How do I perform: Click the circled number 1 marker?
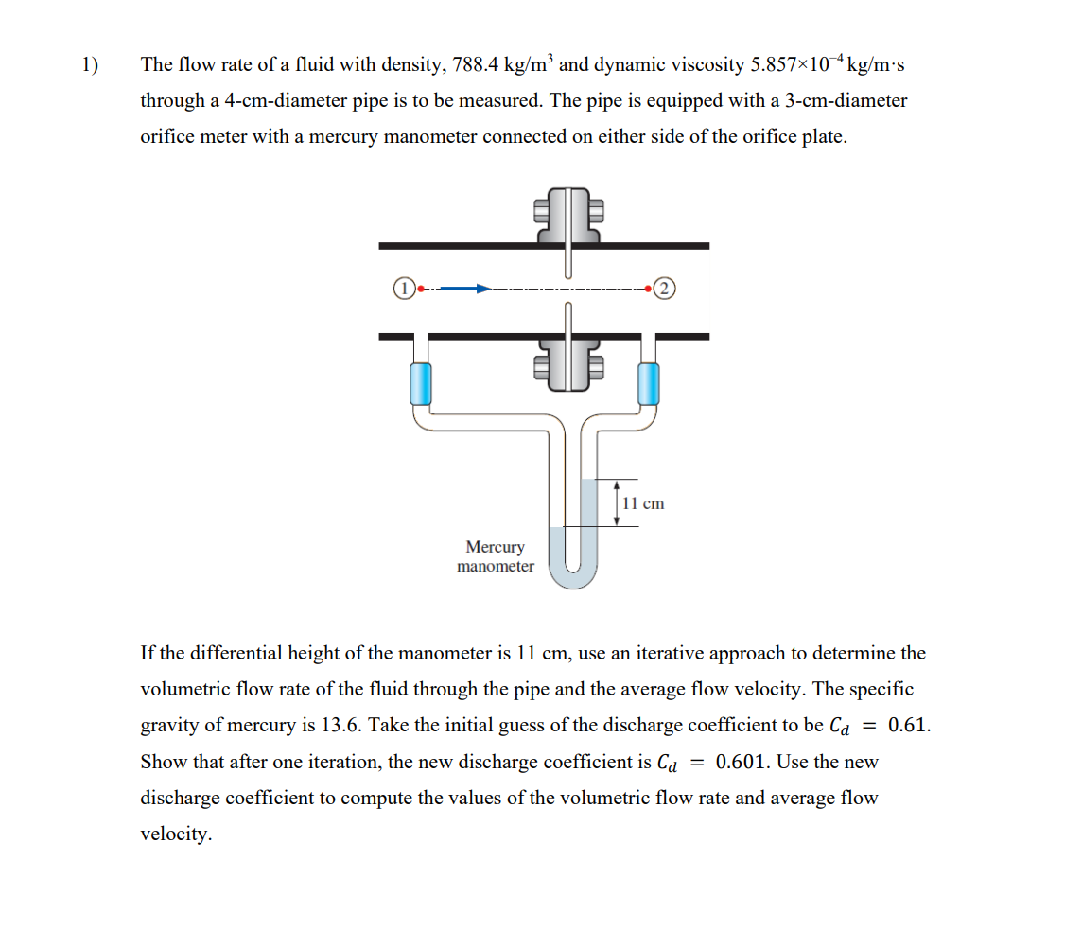[404, 289]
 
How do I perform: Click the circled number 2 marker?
[664, 289]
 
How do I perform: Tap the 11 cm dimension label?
[645, 503]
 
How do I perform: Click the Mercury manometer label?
[495, 556]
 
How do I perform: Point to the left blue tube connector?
[421, 383]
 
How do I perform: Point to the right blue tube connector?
[648, 383]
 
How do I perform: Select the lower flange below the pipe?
[568, 363]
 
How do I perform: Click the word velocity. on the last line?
[176, 834]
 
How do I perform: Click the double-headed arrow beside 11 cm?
[617, 503]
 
